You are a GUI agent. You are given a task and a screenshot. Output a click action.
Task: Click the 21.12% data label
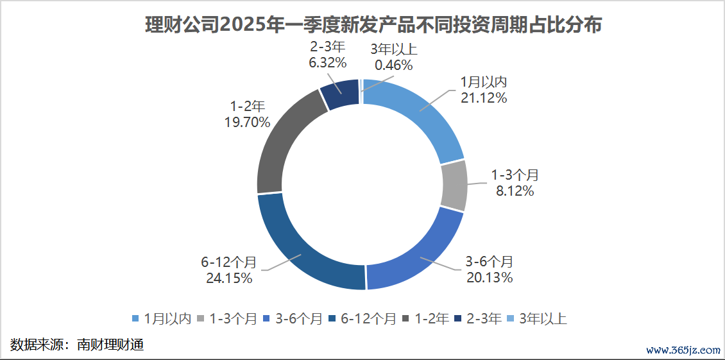click(483, 98)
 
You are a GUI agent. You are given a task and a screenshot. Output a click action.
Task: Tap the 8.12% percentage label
click(515, 191)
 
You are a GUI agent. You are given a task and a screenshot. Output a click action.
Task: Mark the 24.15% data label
click(228, 278)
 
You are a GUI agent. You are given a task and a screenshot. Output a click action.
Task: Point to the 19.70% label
click(246, 122)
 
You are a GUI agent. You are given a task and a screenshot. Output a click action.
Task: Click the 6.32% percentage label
click(327, 63)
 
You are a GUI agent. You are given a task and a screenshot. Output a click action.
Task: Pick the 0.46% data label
click(394, 64)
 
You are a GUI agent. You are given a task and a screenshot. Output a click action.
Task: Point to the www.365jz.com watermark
click(683, 350)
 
